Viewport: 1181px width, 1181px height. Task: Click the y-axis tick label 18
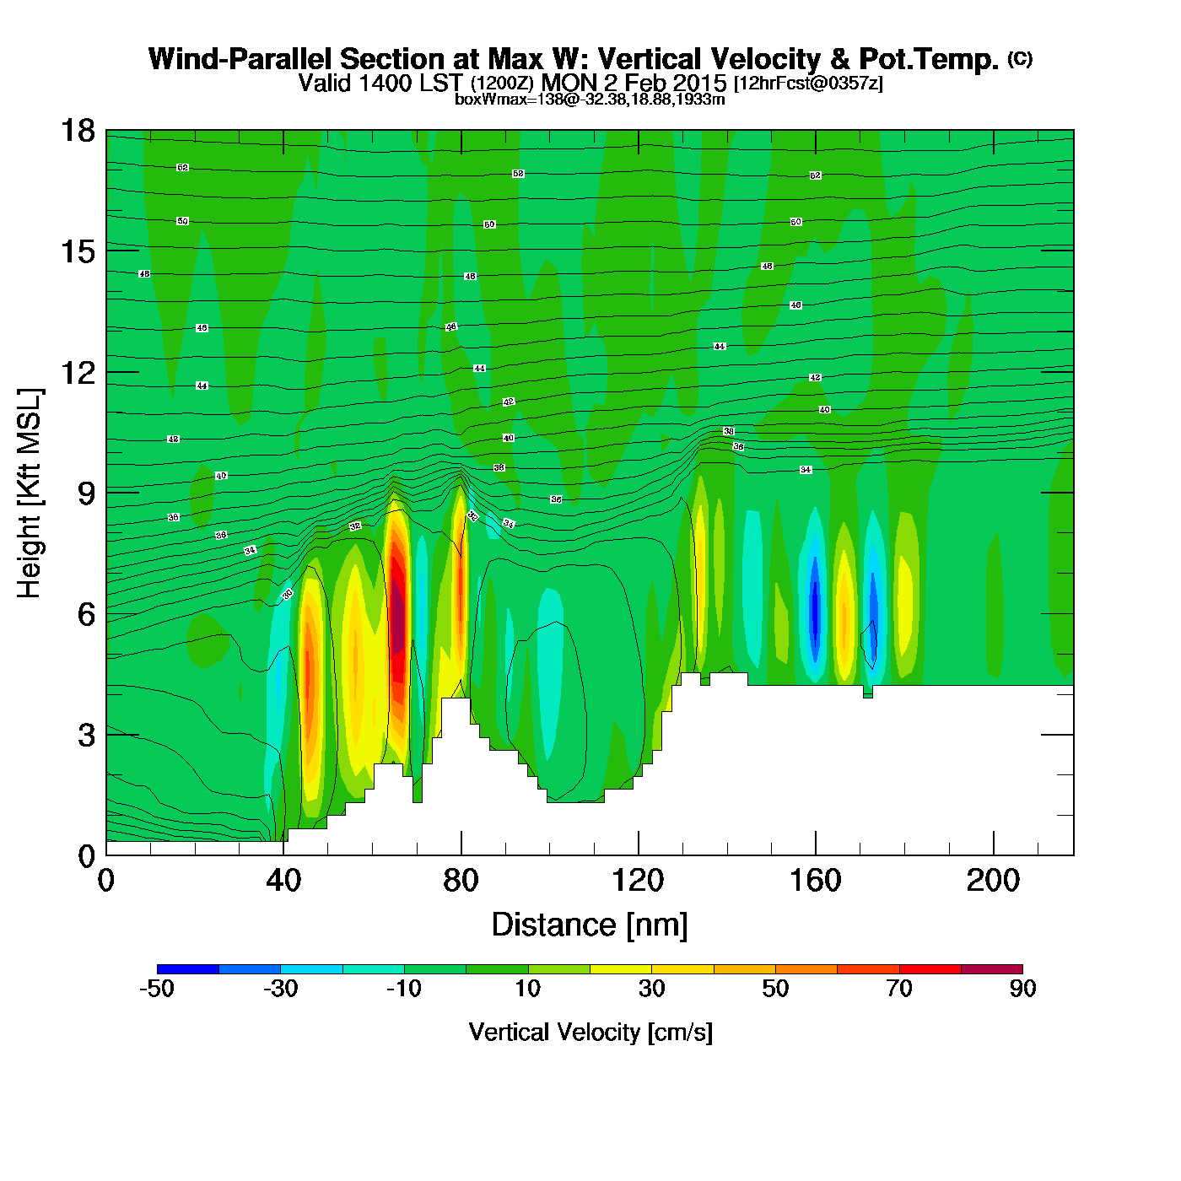[x=77, y=131]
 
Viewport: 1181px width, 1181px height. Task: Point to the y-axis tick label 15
[x=77, y=251]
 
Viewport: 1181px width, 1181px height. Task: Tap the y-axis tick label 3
[x=86, y=735]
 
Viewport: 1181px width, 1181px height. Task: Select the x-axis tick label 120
[x=638, y=881]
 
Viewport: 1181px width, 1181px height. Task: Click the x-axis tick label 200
[x=993, y=881]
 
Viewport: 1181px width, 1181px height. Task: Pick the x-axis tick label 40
[x=283, y=881]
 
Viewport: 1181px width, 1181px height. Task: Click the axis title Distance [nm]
[x=590, y=925]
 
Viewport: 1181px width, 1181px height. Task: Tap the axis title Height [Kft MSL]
[x=30, y=493]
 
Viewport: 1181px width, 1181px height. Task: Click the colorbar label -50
[x=157, y=989]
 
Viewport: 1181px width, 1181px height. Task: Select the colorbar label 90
[x=1022, y=989]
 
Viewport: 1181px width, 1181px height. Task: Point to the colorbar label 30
[x=651, y=989]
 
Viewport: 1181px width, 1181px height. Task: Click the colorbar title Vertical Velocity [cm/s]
[x=590, y=1032]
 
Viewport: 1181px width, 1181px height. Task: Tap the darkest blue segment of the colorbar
[x=188, y=969]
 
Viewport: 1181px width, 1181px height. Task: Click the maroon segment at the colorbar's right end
[x=991, y=969]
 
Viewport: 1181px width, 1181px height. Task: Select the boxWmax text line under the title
[x=590, y=99]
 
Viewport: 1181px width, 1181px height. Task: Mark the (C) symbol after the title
[x=1020, y=58]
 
